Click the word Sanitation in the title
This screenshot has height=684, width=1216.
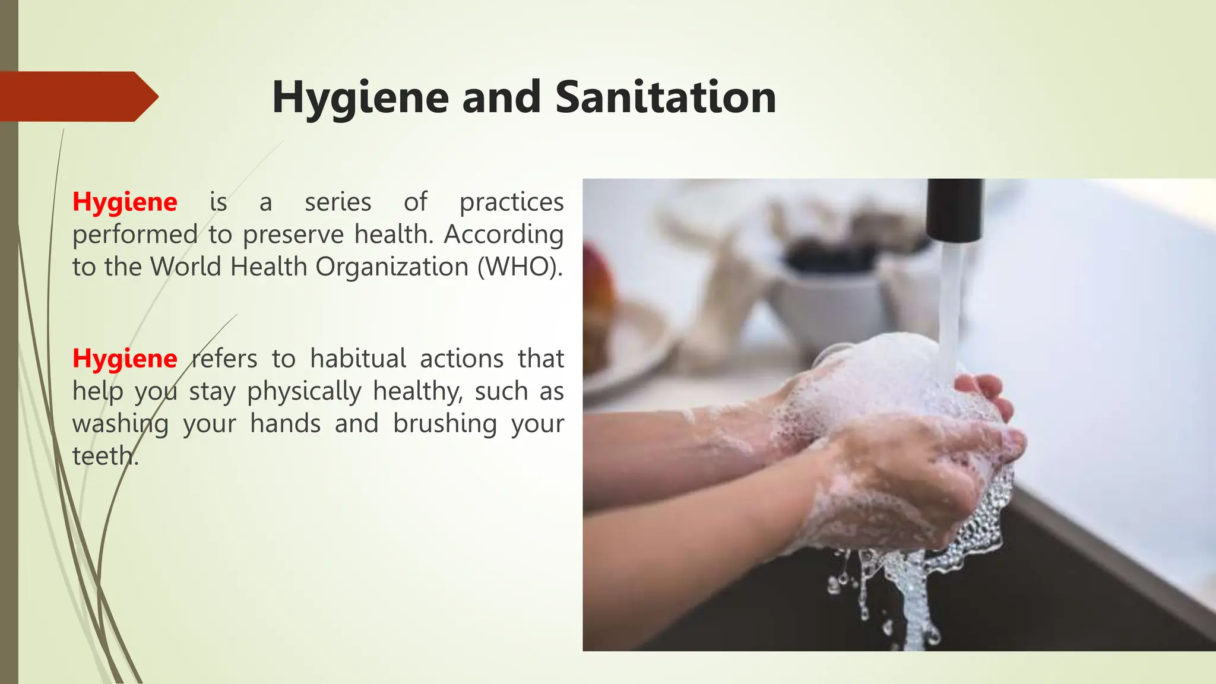pyautogui.click(x=666, y=97)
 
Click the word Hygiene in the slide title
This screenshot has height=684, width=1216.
pyautogui.click(x=360, y=97)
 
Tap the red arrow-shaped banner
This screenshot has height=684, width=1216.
pyautogui.click(x=77, y=96)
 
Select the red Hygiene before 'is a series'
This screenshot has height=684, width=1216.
pyautogui.click(x=125, y=202)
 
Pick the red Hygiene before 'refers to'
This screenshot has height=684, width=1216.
pyautogui.click(x=125, y=359)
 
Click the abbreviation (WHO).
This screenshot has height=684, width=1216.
pyautogui.click(x=520, y=267)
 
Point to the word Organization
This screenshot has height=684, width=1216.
pyautogui.click(x=392, y=267)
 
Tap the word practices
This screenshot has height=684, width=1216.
pyautogui.click(x=511, y=202)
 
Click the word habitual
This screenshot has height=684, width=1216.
pyautogui.click(x=358, y=359)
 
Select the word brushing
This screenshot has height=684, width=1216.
pyautogui.click(x=445, y=424)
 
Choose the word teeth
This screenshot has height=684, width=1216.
pyautogui.click(x=103, y=456)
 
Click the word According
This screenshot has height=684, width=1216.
pyautogui.click(x=503, y=235)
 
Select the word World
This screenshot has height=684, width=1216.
pyautogui.click(x=186, y=267)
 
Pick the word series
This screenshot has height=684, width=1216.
pyautogui.click(x=338, y=202)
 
